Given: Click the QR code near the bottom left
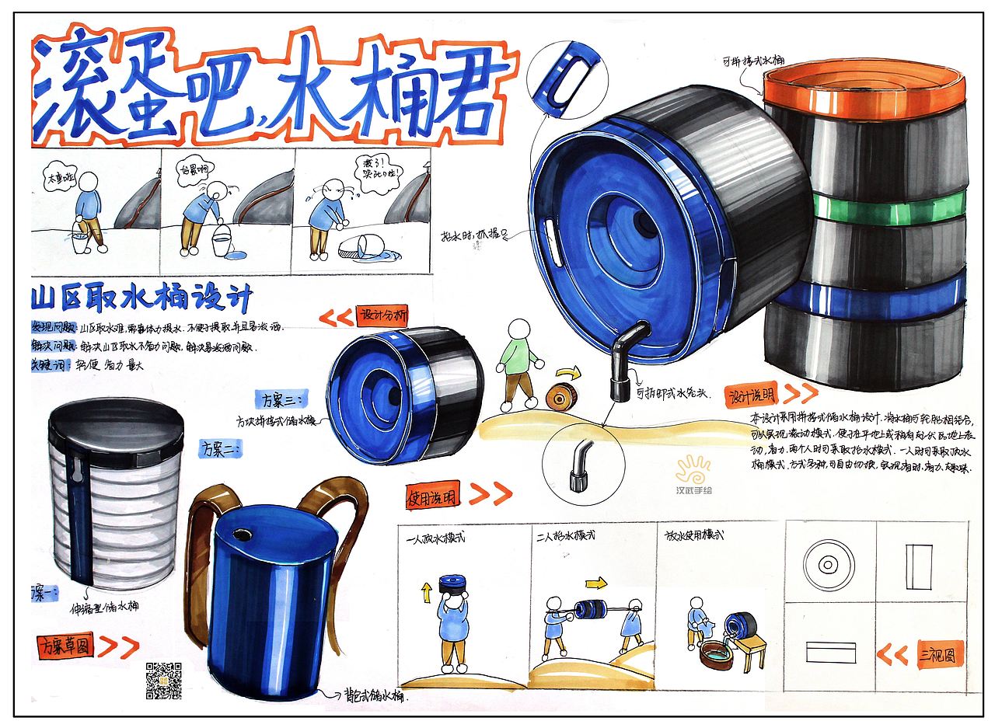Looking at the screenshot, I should click(x=163, y=681).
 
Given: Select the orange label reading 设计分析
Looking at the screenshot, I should click(x=382, y=316).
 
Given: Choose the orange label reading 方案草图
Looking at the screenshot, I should click(x=65, y=646).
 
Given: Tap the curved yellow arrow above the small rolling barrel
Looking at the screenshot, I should click(x=564, y=375).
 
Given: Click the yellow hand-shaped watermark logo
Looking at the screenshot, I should click(x=693, y=471).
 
